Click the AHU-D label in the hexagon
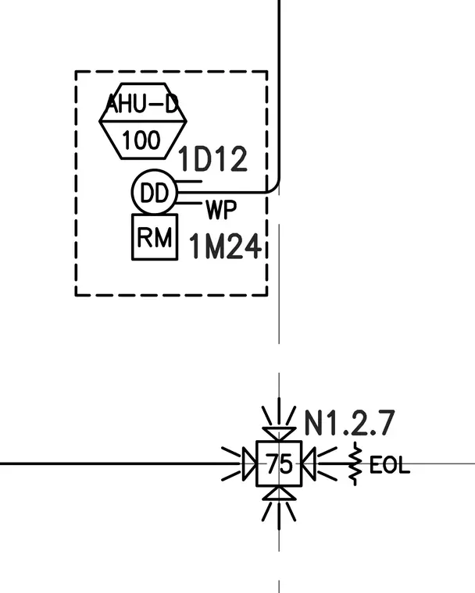(x=142, y=103)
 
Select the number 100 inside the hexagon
(x=141, y=140)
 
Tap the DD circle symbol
(x=155, y=192)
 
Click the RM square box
(x=155, y=237)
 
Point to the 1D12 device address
(x=212, y=159)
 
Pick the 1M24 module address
(x=225, y=246)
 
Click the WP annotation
(x=221, y=210)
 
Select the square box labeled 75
(x=279, y=463)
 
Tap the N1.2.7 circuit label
(x=350, y=422)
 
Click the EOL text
(x=389, y=465)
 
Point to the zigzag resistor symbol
(x=355, y=463)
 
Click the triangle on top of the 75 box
(x=279, y=433)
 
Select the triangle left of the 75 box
(x=250, y=463)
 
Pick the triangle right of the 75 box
(x=309, y=463)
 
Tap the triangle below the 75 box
(x=279, y=494)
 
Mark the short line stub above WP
(x=189, y=204)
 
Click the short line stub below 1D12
(x=189, y=182)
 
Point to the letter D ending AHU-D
(x=172, y=104)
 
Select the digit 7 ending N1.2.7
(x=387, y=422)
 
